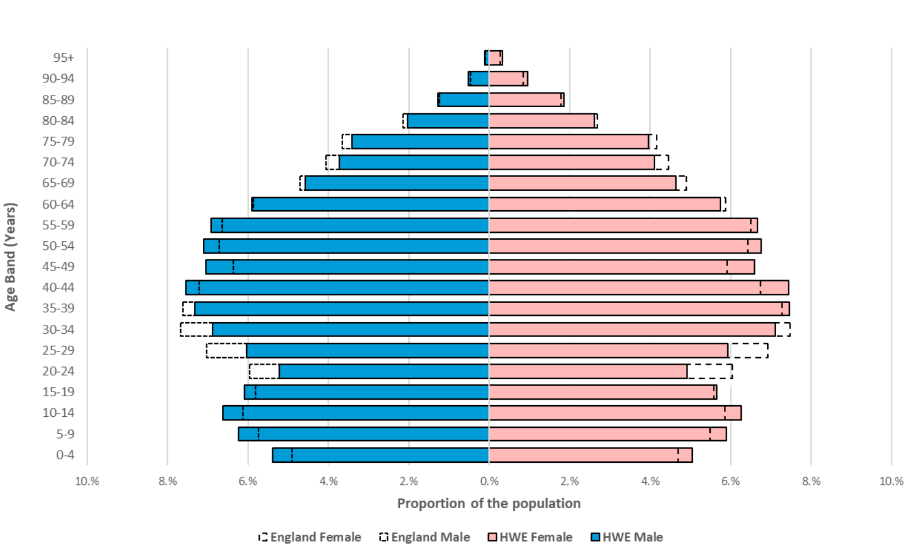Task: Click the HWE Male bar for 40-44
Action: [x=338, y=288]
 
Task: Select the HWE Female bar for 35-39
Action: [x=639, y=309]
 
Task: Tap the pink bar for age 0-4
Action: [x=590, y=455]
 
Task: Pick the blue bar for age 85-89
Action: [x=464, y=100]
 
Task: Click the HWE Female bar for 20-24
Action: [x=588, y=371]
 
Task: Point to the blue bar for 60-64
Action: [x=371, y=204]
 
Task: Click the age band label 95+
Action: [x=63, y=58]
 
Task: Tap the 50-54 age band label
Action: [x=58, y=246]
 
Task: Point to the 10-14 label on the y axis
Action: [x=58, y=413]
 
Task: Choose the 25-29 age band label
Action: [x=58, y=350]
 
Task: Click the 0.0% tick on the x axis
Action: [x=489, y=481]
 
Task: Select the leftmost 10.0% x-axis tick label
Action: [x=87, y=481]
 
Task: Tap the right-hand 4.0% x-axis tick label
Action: [x=650, y=481]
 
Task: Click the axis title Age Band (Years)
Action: [x=11, y=257]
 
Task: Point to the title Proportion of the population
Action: [x=488, y=503]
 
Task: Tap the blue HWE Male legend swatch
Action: [x=596, y=537]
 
